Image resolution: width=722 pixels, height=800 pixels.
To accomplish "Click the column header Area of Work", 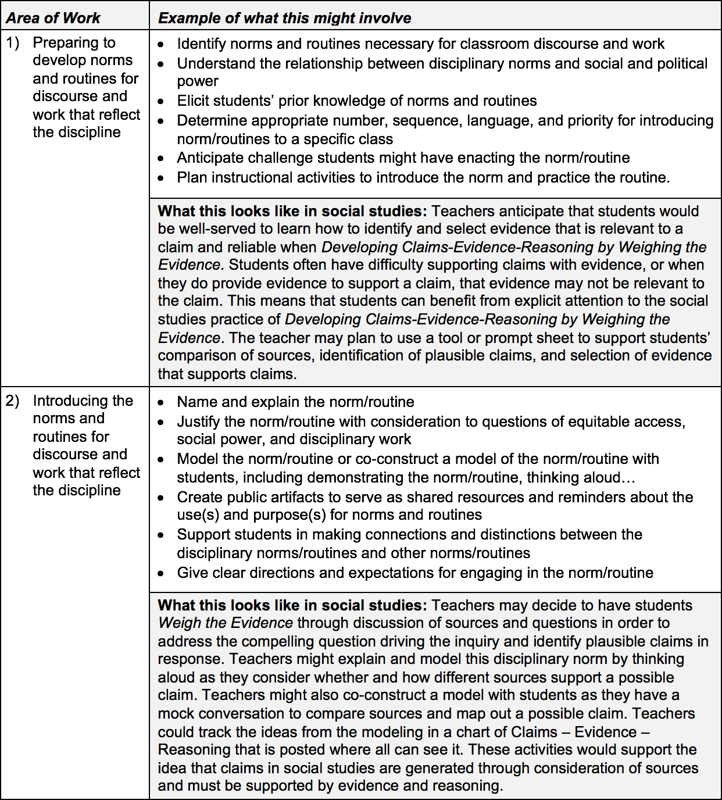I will (53, 18).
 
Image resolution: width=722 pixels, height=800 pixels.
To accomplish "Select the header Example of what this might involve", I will (284, 18).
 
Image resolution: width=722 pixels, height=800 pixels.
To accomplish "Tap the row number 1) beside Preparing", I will (13, 42).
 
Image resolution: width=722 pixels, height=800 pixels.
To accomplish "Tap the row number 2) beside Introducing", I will (13, 401).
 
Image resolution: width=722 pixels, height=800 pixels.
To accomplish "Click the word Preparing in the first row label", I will (74, 42).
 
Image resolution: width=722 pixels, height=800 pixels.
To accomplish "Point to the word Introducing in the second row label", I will (83, 401).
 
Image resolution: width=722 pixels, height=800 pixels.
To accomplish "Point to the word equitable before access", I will (610, 422).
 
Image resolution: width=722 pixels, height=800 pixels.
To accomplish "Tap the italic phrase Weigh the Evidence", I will (226, 623).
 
